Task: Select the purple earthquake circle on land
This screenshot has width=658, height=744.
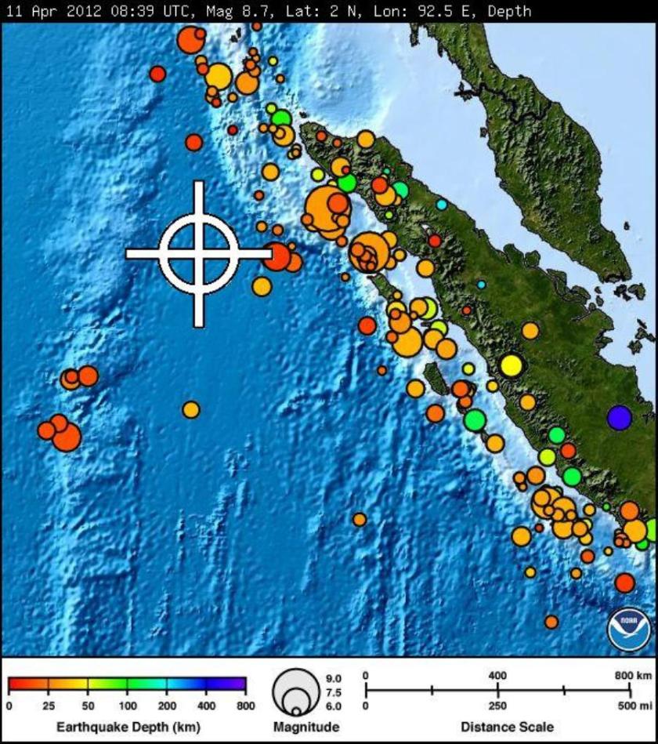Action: (619, 417)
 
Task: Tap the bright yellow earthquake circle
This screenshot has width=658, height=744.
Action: (511, 365)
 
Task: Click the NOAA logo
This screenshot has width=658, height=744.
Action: (628, 629)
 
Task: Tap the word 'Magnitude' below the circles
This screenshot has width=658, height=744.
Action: (306, 727)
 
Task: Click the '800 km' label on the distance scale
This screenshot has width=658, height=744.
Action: (633, 675)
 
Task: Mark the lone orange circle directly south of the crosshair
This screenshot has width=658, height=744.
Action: (191, 409)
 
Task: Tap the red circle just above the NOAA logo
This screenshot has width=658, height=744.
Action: (624, 582)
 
